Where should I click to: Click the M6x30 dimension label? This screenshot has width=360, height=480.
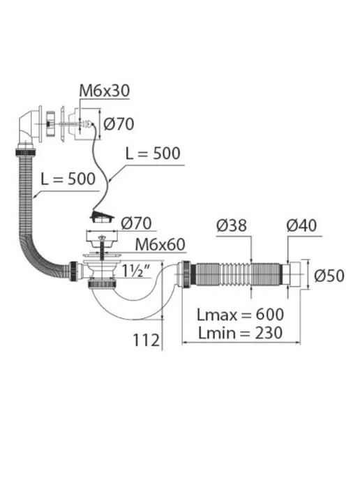104,91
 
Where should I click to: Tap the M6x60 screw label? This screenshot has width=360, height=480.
160,244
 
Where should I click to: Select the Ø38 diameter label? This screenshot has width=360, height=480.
231,225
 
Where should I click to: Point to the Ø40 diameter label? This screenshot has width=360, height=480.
301,225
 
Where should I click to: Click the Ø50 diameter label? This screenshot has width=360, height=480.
329,275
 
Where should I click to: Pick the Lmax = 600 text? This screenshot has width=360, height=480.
240,315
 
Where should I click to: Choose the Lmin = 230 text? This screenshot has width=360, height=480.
240,333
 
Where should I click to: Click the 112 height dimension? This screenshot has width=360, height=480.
147,340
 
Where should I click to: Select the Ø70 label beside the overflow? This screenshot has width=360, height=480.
119,124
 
